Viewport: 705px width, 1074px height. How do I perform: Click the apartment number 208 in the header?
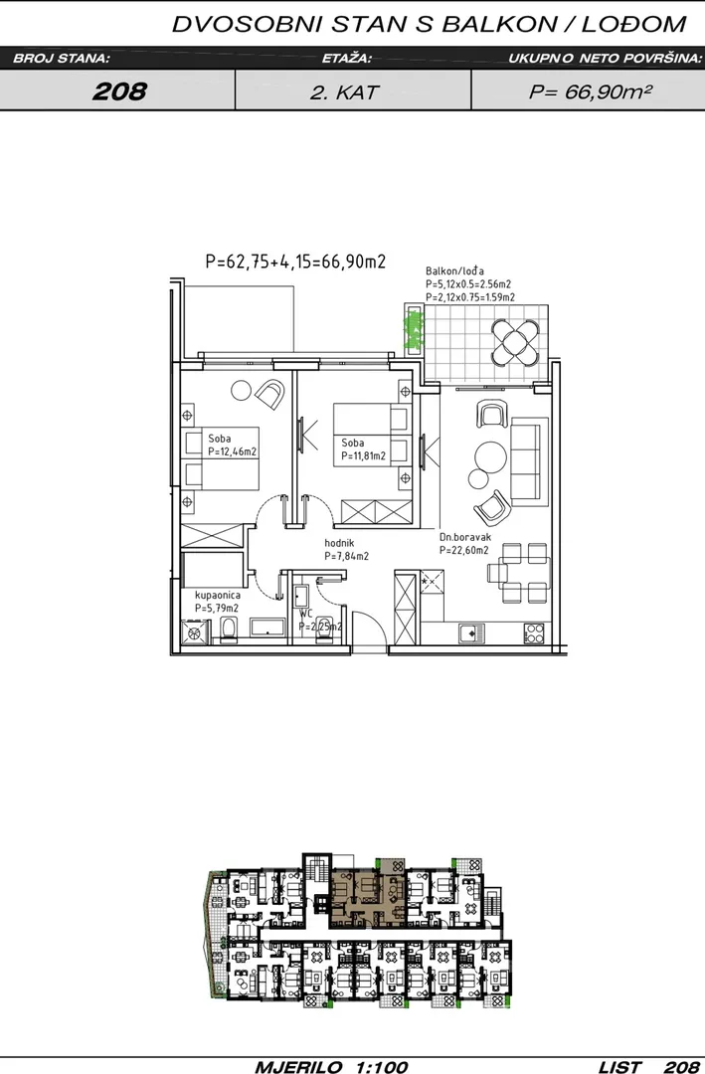119,91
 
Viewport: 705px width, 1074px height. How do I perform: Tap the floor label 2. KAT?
345,92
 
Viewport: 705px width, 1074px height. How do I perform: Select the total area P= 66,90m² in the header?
590,91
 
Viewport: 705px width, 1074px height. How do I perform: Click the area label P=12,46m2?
233,451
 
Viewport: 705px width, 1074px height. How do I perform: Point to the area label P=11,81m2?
364,455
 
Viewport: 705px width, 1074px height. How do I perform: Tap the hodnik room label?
339,543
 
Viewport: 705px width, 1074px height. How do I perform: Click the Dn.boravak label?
465,538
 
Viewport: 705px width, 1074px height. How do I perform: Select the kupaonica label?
217,596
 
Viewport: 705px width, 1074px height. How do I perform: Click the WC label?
305,614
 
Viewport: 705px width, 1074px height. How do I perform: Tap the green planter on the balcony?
414,329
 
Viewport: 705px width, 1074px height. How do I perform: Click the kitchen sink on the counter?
471,633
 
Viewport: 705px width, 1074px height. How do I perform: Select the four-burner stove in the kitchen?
534,632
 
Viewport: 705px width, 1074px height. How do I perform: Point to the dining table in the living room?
524,574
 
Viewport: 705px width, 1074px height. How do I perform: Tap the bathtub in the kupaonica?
267,627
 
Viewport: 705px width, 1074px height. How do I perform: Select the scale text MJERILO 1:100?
331,1066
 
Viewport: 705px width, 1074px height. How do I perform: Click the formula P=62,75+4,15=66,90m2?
295,262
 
